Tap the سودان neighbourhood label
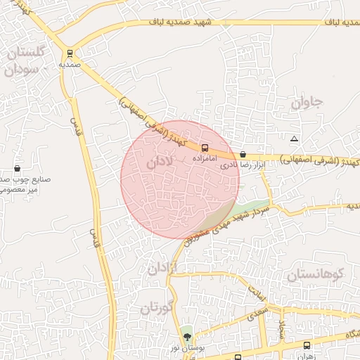pyautogui.click(x=20, y=70)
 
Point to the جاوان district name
pyautogui.click(x=307, y=103)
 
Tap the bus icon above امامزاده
pyautogui.click(x=205, y=148)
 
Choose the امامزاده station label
pyautogui.click(x=205, y=159)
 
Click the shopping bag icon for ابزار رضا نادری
pyautogui.click(x=243, y=154)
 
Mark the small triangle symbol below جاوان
pyautogui.click(x=294, y=138)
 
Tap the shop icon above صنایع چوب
pyautogui.click(x=17, y=169)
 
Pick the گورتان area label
pyautogui.click(x=156, y=308)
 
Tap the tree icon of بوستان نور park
pyautogui.click(x=186, y=335)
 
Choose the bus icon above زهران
pyautogui.click(x=306, y=345)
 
